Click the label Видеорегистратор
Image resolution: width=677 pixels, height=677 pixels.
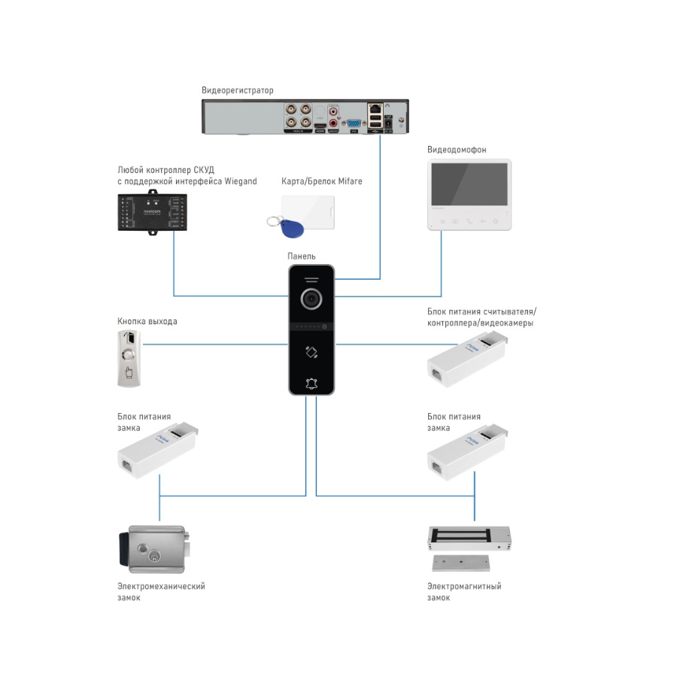pyautogui.click(x=237, y=90)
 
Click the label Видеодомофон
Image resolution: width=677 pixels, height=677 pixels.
pyautogui.click(x=457, y=150)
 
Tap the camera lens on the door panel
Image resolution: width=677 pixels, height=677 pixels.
pyautogui.click(x=312, y=299)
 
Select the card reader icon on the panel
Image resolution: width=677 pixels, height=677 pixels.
pyautogui.click(x=311, y=351)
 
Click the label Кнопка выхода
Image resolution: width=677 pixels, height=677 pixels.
pyautogui.click(x=147, y=321)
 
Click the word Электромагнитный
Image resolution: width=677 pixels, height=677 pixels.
pyautogui.click(x=464, y=586)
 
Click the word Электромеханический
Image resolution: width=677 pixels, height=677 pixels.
pyautogui.click(x=161, y=586)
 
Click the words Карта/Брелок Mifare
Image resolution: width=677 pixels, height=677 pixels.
pyautogui.click(x=322, y=181)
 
